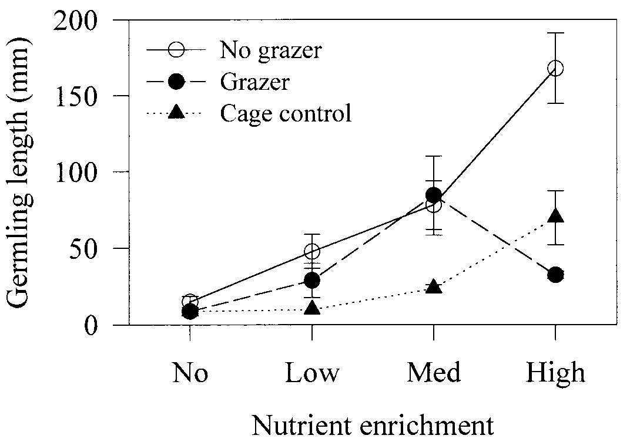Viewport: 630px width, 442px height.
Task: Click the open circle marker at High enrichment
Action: click(555, 69)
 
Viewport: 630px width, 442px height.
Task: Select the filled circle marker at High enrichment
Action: click(555, 274)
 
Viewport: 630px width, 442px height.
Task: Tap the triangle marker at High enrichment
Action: click(555, 217)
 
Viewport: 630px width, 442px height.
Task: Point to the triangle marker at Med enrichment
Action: click(433, 286)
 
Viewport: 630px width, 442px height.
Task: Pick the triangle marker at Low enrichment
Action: click(311, 308)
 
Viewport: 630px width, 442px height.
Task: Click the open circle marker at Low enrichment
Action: click(311, 251)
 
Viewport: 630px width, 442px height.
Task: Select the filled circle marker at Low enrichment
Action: click(311, 279)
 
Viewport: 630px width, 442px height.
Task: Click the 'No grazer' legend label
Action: click(270, 50)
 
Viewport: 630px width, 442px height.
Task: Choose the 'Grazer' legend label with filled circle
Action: click(254, 82)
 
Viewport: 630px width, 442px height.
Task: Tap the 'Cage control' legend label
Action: click(286, 113)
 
